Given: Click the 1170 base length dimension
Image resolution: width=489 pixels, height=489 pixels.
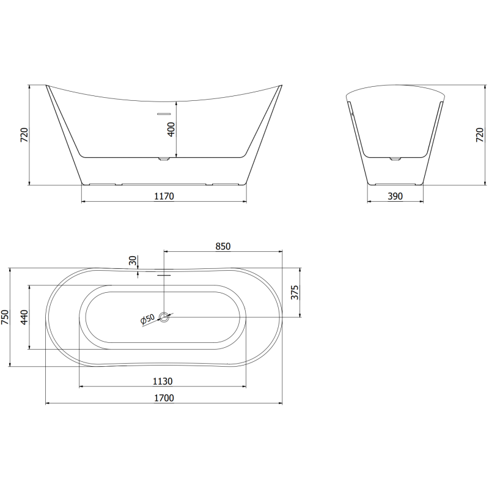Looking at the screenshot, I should click(164, 196).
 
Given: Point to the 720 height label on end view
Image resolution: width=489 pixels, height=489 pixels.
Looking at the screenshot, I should click(479, 135).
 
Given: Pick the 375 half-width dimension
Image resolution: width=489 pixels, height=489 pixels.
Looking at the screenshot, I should click(294, 293).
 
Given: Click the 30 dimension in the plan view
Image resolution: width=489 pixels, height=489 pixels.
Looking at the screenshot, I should click(133, 261).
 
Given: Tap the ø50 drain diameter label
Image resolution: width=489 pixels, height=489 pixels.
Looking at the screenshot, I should click(147, 319).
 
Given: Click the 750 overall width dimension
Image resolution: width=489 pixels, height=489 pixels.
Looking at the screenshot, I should click(6, 317).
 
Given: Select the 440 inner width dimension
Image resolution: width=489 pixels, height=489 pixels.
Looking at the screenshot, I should click(24, 317).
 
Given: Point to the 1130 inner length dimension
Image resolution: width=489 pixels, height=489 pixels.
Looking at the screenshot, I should click(163, 381).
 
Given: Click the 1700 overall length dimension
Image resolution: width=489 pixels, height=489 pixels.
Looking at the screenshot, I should click(164, 399).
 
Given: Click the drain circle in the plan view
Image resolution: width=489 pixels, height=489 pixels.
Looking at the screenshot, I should click(164, 317).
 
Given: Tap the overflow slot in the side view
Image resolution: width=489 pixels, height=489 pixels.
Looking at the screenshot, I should click(163, 113).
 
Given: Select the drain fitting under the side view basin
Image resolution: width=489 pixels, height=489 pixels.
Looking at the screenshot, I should click(163, 160).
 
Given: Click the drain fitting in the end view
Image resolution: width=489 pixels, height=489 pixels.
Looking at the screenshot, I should click(395, 160).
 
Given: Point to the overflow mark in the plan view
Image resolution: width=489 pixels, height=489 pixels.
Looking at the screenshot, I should click(163, 274).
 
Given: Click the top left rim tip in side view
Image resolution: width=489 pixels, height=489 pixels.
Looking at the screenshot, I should click(47, 86).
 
